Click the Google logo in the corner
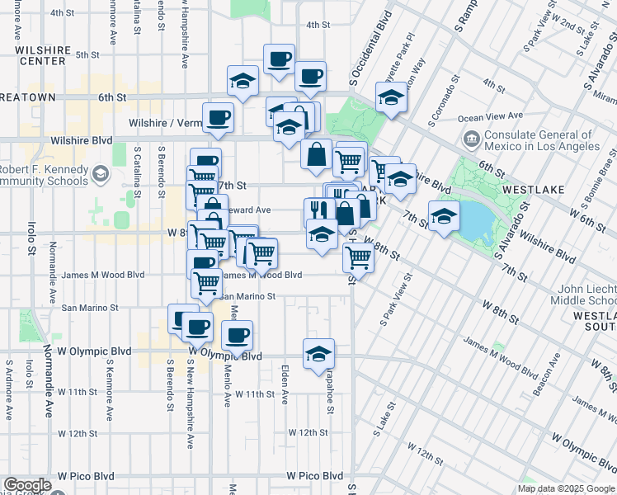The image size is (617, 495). pos(28,485)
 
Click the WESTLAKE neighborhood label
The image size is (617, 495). pos(536,190)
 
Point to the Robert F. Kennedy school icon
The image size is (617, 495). pos(101,173)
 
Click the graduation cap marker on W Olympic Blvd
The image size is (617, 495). pos(319,354)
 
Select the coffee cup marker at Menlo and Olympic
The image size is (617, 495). pos(237,336)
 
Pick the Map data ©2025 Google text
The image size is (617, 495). pos(566,488)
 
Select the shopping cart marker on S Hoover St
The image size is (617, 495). pos(358,257)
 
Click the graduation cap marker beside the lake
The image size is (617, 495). pos(444,217)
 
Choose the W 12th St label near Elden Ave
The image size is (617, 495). pos(308,432)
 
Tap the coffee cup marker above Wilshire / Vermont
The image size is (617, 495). pos(218,118)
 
